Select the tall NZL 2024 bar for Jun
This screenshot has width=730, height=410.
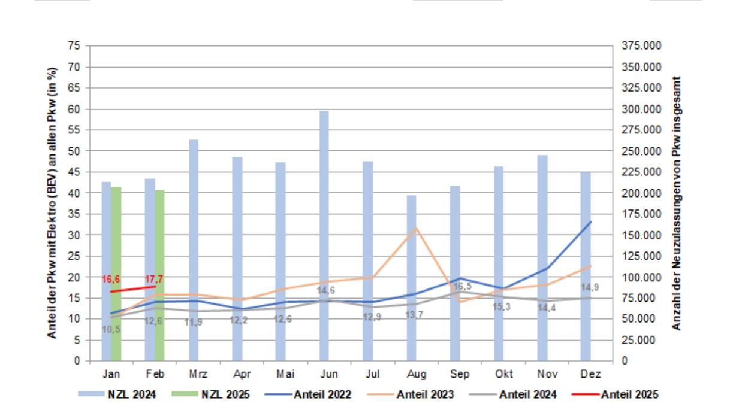tap(324, 236)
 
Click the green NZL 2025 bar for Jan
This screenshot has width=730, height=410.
tap(116, 274)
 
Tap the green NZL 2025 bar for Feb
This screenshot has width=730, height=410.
tap(159, 275)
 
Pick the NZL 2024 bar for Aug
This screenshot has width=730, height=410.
tap(411, 278)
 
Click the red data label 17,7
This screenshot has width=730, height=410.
tap(154, 279)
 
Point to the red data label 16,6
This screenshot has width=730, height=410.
tap(111, 279)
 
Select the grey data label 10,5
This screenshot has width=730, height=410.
tap(111, 329)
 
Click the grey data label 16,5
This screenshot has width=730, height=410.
tap(463, 286)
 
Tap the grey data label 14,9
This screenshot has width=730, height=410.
tap(590, 287)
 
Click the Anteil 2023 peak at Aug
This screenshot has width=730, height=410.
tap(416, 228)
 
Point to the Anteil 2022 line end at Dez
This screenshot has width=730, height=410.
tap(591, 222)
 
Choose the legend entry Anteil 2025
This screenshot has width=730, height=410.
tap(615, 394)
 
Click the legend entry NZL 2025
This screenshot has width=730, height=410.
tap(210, 394)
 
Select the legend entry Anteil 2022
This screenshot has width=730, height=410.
tap(307, 394)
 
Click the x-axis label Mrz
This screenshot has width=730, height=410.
tap(198, 374)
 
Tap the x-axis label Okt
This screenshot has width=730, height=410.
tap(504, 374)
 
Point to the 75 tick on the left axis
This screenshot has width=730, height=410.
tap(74, 45)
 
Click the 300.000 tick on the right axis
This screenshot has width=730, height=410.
tap(641, 110)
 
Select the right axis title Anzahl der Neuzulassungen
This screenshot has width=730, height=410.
tap(676, 204)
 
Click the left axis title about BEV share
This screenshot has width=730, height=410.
tap(52, 203)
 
